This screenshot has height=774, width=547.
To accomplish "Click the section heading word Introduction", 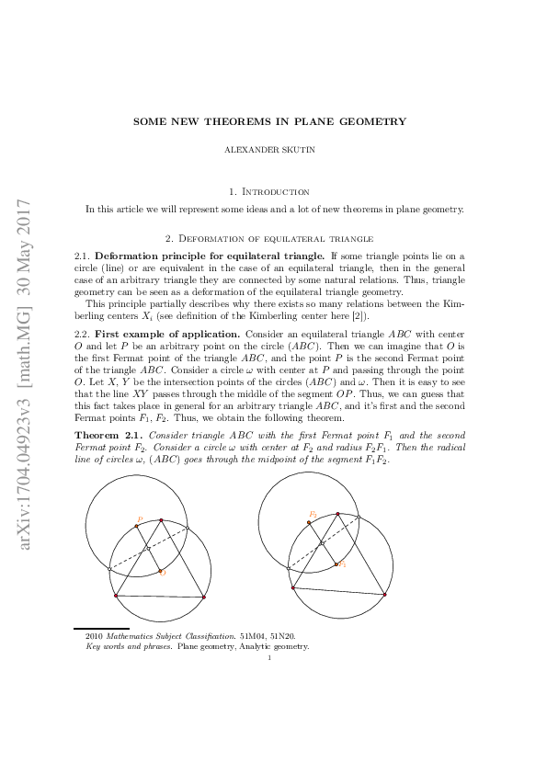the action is tap(280, 191).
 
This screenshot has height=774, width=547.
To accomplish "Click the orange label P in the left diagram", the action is tap(139, 519).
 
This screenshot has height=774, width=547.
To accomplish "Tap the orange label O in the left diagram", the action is tap(163, 573).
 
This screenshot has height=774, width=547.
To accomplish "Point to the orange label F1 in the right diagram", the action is tap(313, 514).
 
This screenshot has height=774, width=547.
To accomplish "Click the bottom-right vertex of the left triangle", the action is tap(203, 598).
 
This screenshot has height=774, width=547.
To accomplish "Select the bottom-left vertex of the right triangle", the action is tap(292, 587).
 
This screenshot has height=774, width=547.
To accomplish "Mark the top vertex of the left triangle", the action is tap(161, 520).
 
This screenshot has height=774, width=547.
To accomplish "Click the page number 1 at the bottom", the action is tap(268, 656).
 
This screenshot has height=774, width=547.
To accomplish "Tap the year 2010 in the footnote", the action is tap(93, 635).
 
